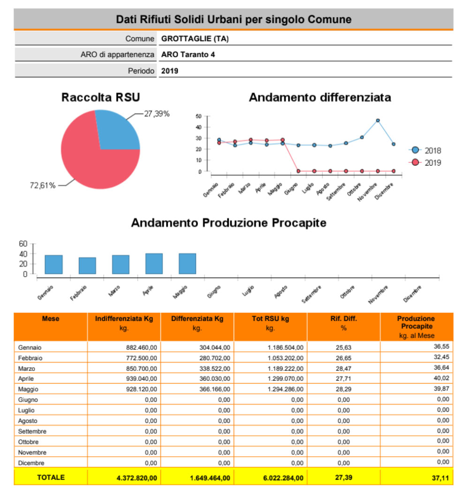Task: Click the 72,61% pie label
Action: click(43, 185)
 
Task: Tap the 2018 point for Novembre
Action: click(378, 121)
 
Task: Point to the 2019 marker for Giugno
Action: click(298, 171)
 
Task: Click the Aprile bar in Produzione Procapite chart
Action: click(154, 264)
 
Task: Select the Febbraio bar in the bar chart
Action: click(87, 265)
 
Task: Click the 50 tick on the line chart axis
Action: click(198, 116)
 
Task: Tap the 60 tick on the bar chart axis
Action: click(23, 243)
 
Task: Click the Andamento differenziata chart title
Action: click(319, 98)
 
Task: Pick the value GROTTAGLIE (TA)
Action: click(195, 39)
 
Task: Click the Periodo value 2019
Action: click(169, 71)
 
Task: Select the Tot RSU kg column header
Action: click(270, 318)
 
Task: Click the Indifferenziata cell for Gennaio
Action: click(141, 347)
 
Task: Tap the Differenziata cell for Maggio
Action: click(214, 389)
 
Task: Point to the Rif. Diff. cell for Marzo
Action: click(343, 369)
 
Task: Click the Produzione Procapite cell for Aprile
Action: click(441, 378)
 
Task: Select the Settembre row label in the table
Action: click(32, 431)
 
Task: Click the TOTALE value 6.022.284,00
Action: click(283, 478)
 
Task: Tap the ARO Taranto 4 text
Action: click(188, 54)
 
